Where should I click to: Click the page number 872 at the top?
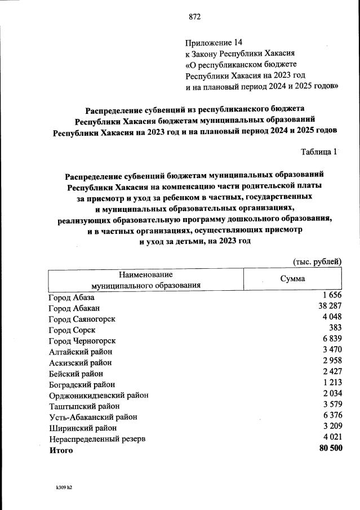click(194, 17)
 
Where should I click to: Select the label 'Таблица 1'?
click(319, 152)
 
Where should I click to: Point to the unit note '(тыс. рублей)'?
click(317, 261)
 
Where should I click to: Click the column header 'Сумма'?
click(292, 279)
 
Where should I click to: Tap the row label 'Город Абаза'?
click(71, 297)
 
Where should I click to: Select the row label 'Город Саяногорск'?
click(82, 319)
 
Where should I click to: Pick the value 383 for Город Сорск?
click(335, 329)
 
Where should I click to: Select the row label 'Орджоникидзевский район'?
click(99, 395)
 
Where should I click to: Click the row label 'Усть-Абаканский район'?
click(93, 417)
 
